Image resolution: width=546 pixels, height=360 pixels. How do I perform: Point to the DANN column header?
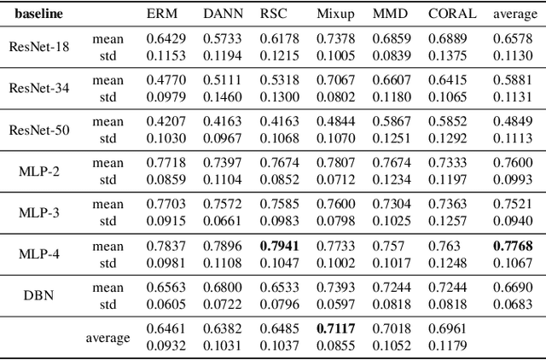point(222,15)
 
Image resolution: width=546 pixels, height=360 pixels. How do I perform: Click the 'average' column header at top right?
point(515,15)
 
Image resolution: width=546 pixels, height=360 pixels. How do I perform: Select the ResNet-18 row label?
point(38,46)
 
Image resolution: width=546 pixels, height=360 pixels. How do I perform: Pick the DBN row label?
point(38,292)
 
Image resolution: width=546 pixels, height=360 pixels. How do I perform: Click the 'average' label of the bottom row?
point(107,338)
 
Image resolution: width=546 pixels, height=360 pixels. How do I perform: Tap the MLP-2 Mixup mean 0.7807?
point(335,162)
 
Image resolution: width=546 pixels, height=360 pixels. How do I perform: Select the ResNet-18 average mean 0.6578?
point(514,39)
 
